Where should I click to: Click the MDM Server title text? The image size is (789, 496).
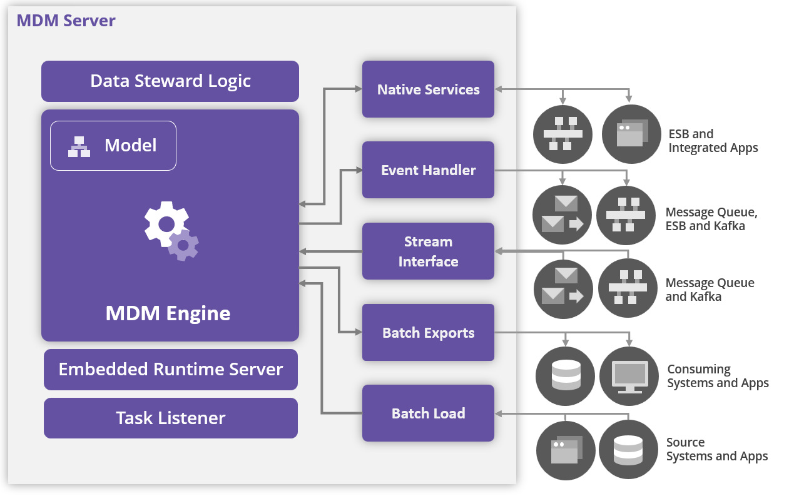click(66, 20)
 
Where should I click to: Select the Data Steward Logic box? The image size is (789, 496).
click(170, 81)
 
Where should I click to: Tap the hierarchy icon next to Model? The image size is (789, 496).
click(79, 146)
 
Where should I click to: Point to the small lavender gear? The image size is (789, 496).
click(183, 245)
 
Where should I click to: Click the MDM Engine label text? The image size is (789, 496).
click(168, 313)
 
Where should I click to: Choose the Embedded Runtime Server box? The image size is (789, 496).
click(170, 369)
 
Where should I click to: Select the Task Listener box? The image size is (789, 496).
click(170, 418)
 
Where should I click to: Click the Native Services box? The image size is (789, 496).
click(428, 89)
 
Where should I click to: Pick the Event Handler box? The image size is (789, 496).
click(428, 170)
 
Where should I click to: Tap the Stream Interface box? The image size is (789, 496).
click(428, 251)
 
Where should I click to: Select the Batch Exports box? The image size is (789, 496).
click(428, 333)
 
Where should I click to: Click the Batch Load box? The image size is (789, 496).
click(428, 413)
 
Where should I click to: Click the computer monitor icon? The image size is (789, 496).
click(629, 377)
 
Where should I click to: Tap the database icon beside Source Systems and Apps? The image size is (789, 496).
click(629, 450)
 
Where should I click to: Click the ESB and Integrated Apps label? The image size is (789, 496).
click(713, 141)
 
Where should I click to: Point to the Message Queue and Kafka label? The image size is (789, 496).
click(710, 290)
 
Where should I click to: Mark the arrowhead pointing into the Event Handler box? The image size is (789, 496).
click(359, 170)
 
